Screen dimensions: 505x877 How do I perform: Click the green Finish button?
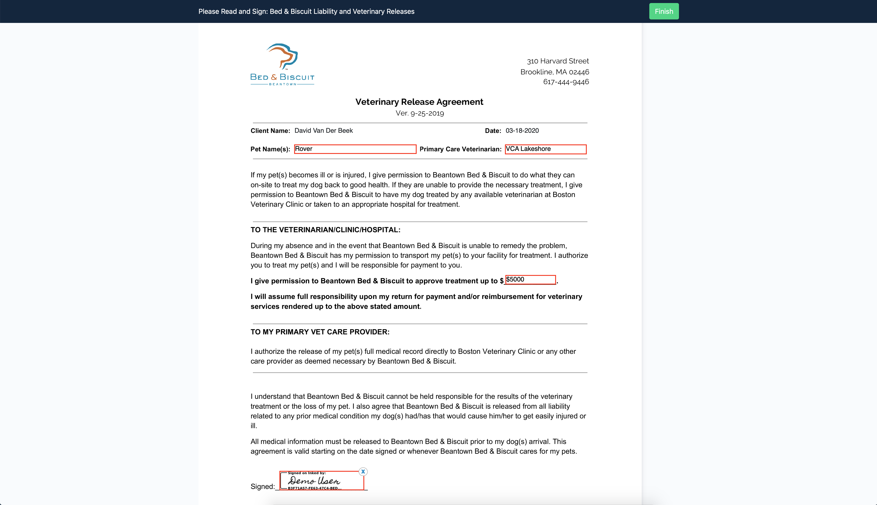[x=664, y=11]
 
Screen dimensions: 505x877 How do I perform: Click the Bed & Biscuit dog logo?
[x=282, y=64]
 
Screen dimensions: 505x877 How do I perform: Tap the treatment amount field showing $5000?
[x=530, y=280]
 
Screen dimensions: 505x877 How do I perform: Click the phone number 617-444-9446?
[x=566, y=82]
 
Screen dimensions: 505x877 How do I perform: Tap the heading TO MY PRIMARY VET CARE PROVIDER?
[x=320, y=332]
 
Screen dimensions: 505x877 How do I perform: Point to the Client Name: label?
[x=270, y=131]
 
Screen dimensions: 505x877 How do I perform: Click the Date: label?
[x=493, y=131]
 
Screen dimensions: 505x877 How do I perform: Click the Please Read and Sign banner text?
[x=306, y=11]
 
